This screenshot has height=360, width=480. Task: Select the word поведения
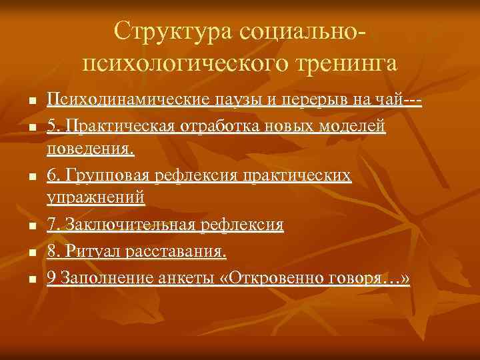tap(89, 148)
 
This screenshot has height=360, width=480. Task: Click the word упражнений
tap(95, 198)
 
